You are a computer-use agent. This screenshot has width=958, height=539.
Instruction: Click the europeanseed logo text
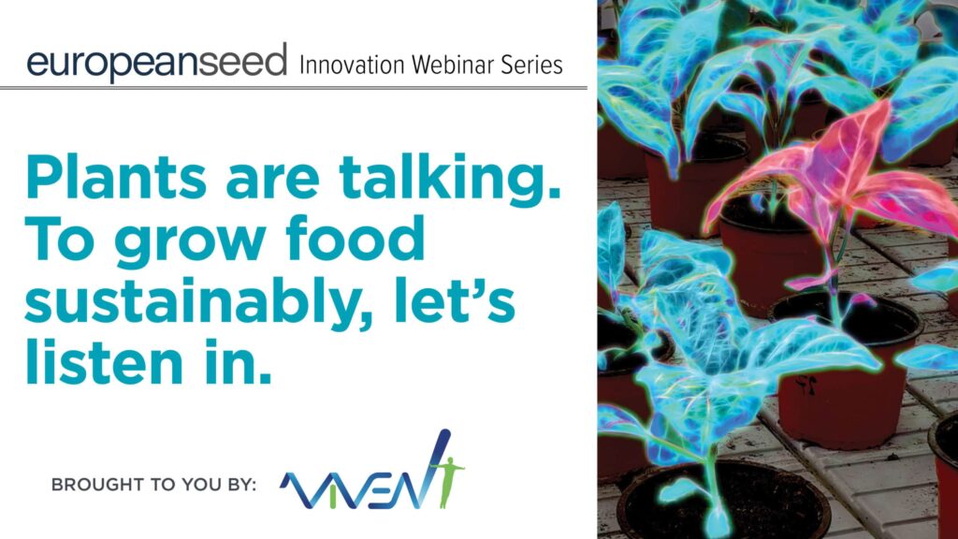[x=156, y=62]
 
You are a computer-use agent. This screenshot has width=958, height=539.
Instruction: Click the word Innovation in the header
[x=352, y=65]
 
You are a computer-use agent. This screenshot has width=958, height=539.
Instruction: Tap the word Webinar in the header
[x=453, y=65]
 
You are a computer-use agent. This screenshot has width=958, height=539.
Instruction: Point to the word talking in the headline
[x=450, y=179]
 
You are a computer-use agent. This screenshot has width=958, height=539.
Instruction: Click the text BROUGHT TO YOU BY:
[x=154, y=485]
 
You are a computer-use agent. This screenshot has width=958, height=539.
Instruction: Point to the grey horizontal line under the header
[x=293, y=89]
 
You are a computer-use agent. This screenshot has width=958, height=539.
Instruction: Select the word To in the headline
[x=60, y=238]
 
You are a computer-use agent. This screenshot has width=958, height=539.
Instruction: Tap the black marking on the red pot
[x=806, y=385]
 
